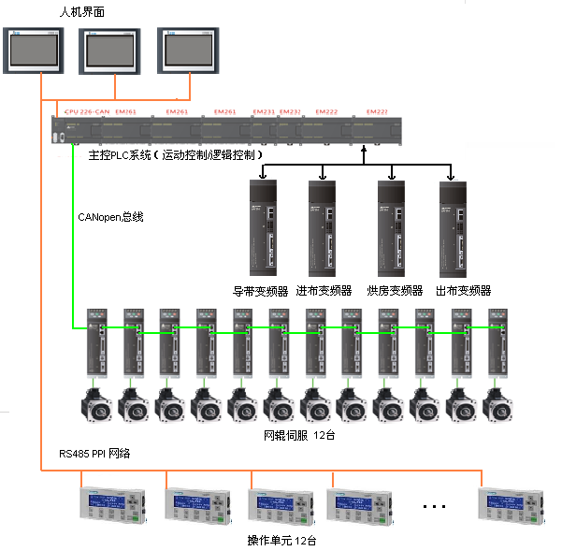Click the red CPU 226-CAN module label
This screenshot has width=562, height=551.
point(87,111)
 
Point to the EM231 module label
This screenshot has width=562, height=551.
point(265,111)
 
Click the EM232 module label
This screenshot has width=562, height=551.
point(291,111)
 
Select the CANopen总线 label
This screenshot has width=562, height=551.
point(110,216)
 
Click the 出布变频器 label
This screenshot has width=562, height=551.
point(463,290)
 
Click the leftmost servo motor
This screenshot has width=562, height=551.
point(96,405)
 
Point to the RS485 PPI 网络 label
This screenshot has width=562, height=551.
point(94,454)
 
